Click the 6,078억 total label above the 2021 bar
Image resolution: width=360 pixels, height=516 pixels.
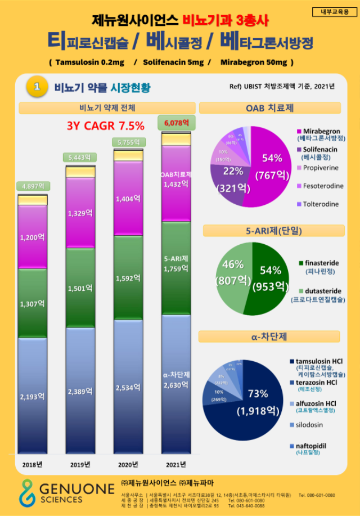[x=177, y=122]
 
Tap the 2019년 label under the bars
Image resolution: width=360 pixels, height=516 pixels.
[x=80, y=464]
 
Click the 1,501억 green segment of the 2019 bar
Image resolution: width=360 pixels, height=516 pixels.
[x=80, y=288]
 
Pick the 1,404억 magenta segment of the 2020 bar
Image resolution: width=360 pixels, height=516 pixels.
[x=128, y=199]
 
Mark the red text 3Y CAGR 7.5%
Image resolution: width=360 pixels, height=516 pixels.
[x=106, y=125]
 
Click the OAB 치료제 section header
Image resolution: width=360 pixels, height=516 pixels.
[x=269, y=107]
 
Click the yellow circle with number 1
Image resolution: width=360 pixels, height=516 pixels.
[x=37, y=87]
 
